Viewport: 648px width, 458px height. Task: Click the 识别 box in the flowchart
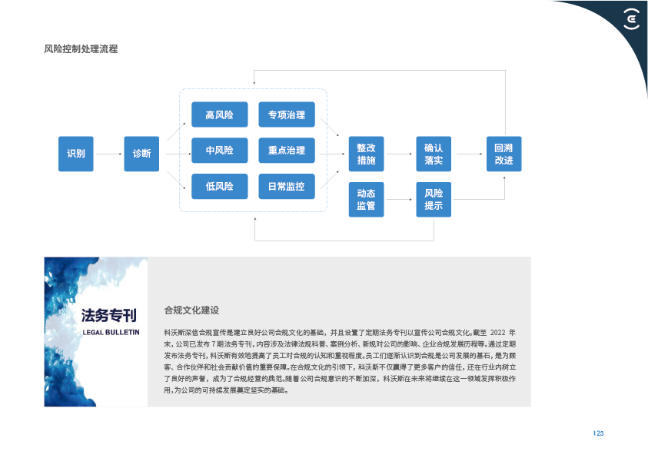click(x=75, y=154)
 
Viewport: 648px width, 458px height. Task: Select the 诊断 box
click(x=141, y=154)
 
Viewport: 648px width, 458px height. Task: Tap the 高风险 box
click(x=219, y=115)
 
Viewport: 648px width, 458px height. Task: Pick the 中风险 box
click(x=219, y=151)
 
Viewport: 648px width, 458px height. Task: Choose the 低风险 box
click(x=219, y=186)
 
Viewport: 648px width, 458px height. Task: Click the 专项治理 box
click(x=286, y=115)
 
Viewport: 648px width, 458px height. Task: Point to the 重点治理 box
click(x=286, y=151)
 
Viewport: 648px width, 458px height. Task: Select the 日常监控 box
click(x=286, y=186)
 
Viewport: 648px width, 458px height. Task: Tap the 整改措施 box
click(x=366, y=154)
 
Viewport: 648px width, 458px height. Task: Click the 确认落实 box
click(x=434, y=154)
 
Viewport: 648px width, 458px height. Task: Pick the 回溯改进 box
click(x=503, y=154)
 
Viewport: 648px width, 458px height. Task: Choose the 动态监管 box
click(x=366, y=200)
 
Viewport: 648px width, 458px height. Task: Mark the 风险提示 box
click(x=434, y=200)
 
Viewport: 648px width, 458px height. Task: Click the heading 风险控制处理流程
click(x=80, y=49)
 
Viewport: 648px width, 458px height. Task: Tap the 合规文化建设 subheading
click(x=191, y=310)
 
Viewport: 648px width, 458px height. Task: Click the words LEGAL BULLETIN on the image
click(x=111, y=332)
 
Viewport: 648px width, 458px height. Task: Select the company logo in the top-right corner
click(x=630, y=18)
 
